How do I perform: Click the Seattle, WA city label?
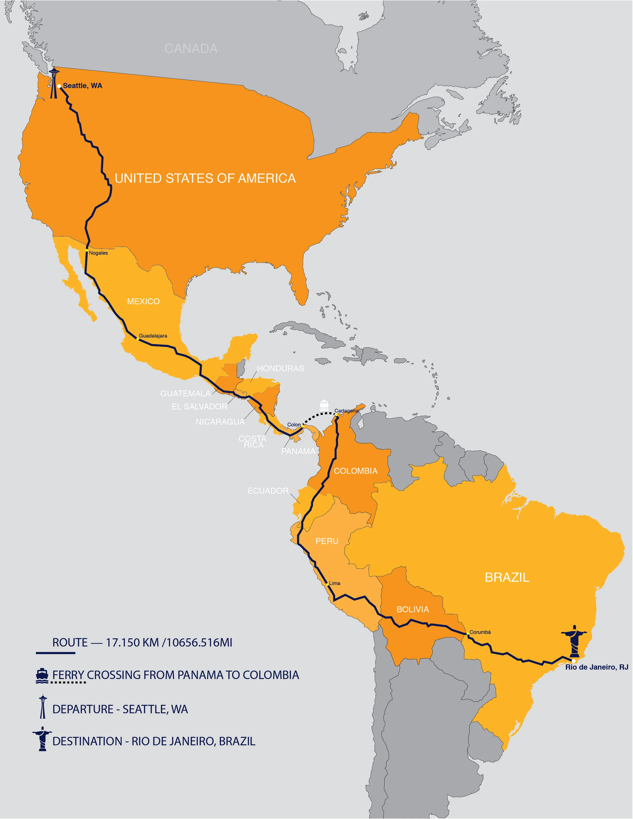83,86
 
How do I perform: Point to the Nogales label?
98,253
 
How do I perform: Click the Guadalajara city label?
153,336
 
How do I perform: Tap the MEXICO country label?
143,302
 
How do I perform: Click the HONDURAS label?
281,369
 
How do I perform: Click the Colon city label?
294,425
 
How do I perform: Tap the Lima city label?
335,584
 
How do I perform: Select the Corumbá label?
480,632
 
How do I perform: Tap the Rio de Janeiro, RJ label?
597,667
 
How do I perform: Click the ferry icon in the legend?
42,675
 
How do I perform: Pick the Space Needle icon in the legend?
43,707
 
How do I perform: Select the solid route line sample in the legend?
55,653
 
